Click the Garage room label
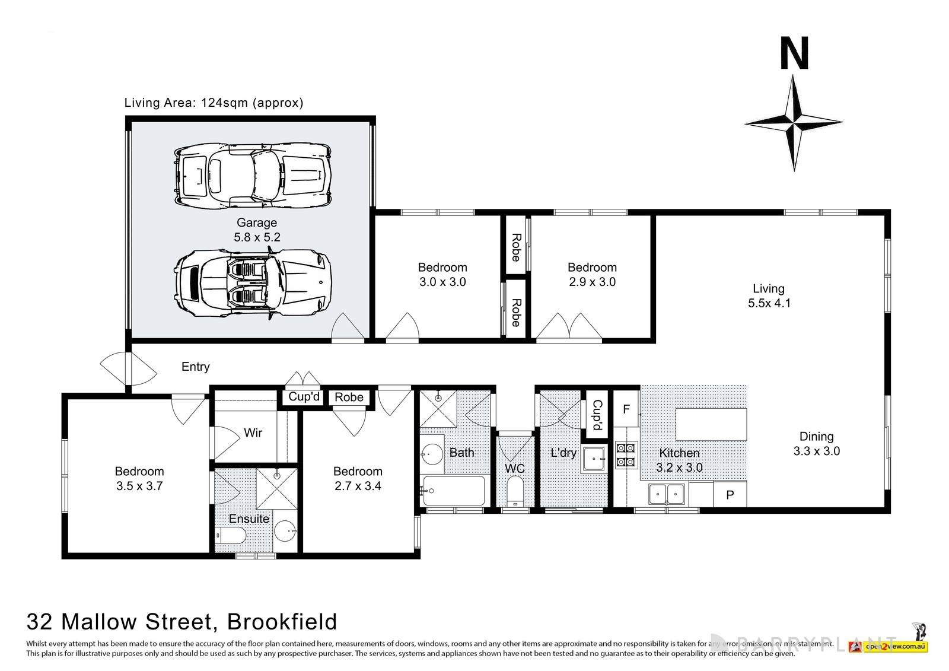point(257,230)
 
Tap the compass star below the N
point(794,123)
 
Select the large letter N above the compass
point(794,54)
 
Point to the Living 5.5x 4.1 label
point(768,295)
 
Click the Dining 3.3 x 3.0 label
point(816,443)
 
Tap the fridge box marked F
point(626,409)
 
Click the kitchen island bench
point(711,424)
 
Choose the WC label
point(515,468)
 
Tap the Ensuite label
point(249,519)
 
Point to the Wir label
point(253,433)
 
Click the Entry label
point(195,367)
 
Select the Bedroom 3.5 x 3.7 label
point(139,478)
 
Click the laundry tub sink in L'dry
point(594,458)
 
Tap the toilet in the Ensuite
point(232,538)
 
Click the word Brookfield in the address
point(282,621)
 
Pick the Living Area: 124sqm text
point(214,103)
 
